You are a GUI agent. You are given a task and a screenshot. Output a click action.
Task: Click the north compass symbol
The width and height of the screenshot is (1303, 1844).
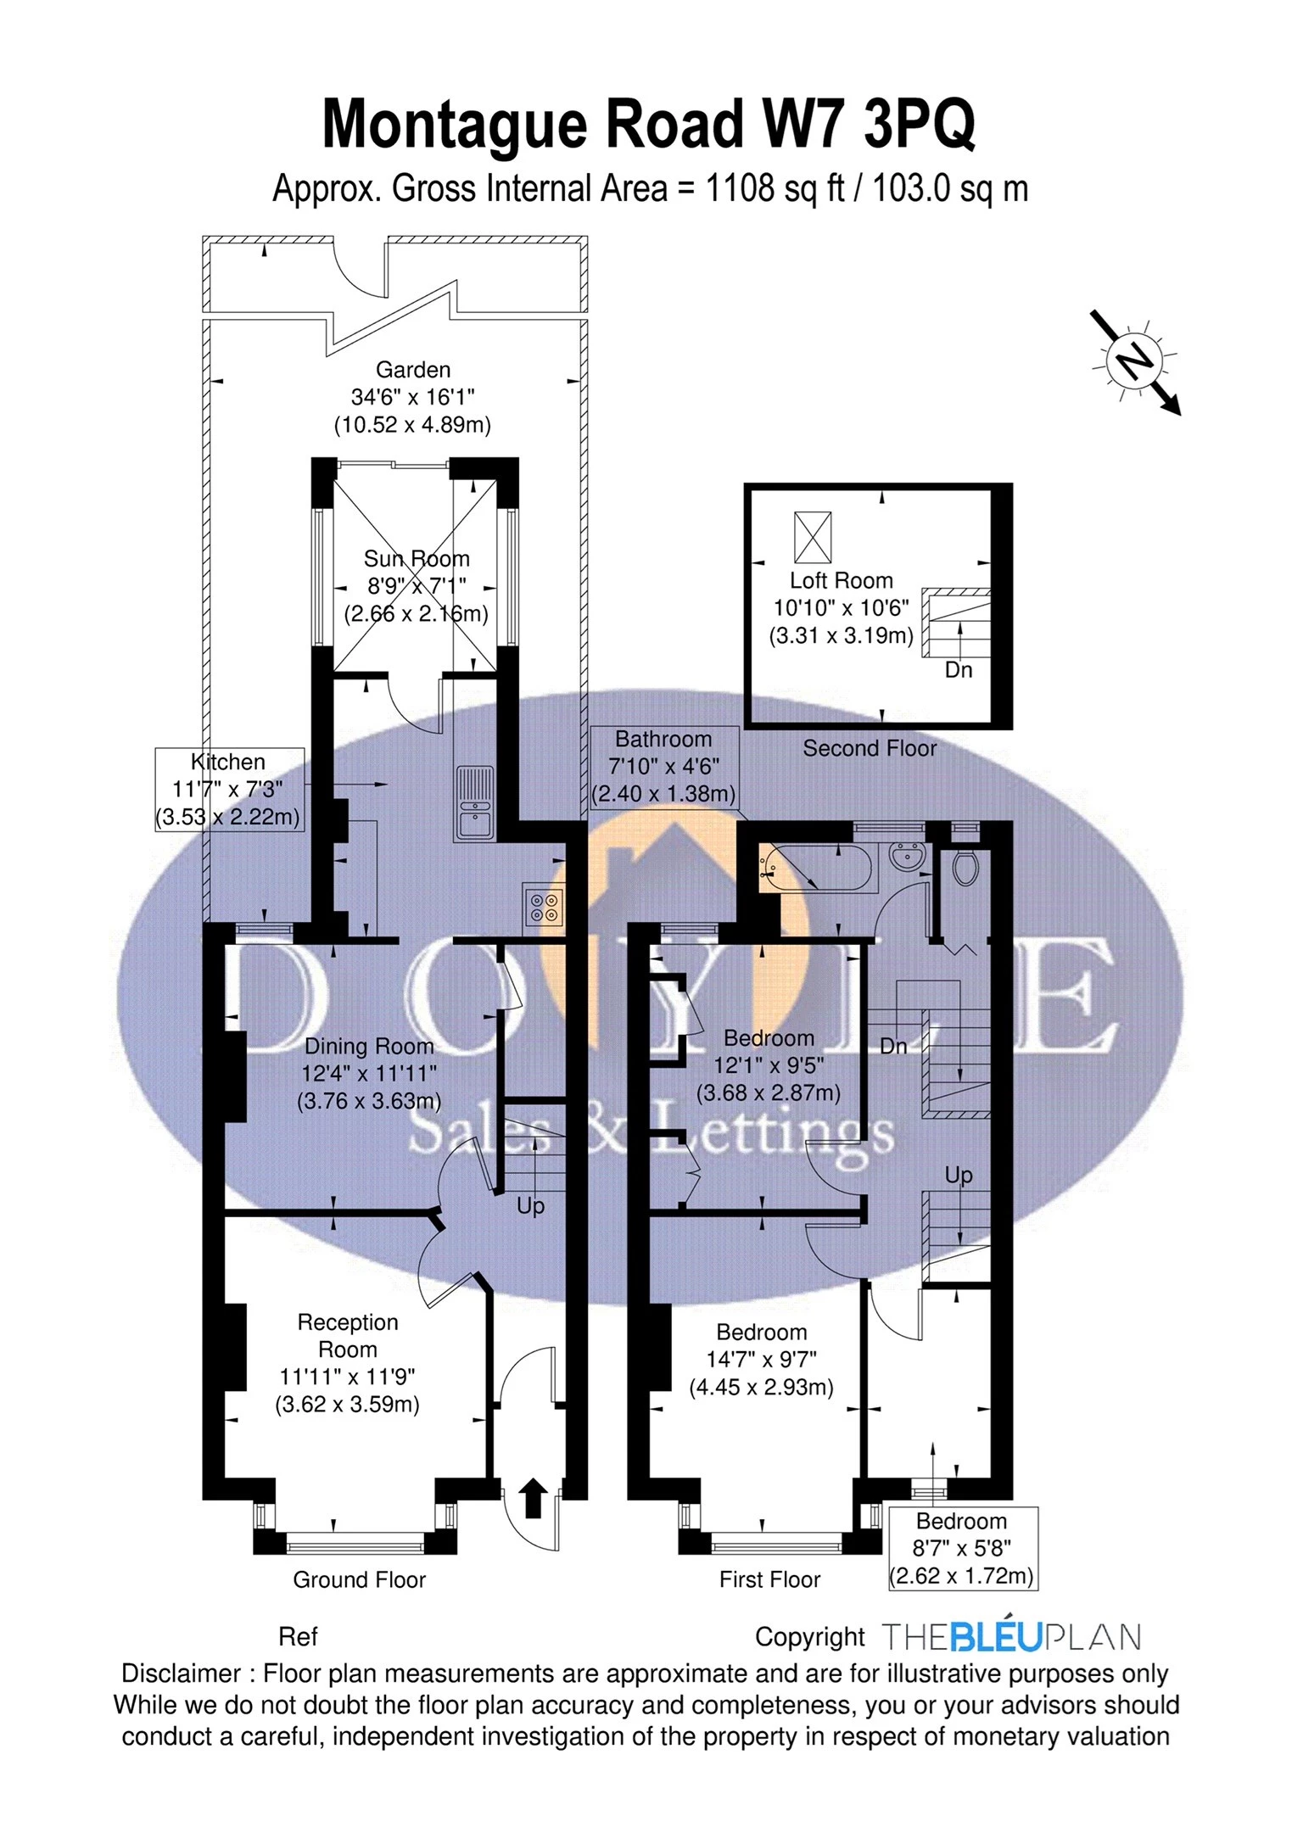point(1136,361)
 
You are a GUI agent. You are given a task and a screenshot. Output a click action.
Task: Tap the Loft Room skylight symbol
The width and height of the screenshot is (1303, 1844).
point(813,537)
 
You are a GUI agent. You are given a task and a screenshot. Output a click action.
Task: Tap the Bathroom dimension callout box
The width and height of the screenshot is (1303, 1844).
point(664,767)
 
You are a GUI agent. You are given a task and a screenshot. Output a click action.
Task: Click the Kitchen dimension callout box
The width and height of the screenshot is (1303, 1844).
point(229,790)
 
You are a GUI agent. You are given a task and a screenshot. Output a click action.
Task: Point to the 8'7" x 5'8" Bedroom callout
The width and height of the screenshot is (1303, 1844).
point(961,1549)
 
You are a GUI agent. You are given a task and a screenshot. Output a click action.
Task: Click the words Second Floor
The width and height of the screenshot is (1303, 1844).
point(870,748)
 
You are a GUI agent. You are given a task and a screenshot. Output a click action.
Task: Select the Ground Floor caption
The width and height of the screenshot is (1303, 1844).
point(359,1579)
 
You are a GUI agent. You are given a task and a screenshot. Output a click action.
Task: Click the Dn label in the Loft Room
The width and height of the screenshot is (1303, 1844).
point(959,670)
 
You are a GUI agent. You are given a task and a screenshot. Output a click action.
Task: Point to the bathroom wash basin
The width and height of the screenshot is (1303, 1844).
point(909,858)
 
